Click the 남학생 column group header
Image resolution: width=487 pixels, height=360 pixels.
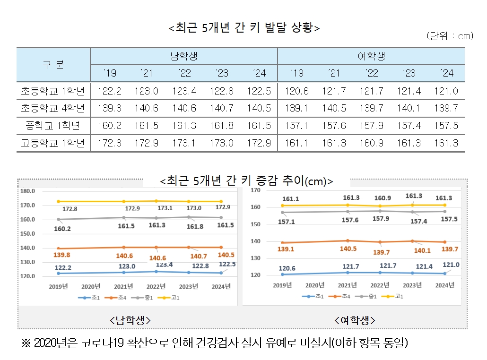point(183,56)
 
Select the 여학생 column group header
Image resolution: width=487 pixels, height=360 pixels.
point(371,56)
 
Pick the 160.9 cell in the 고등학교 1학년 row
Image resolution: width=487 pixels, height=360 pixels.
point(371,143)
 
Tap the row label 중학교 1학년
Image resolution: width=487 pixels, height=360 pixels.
point(53,126)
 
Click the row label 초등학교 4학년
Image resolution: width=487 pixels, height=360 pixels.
point(53,108)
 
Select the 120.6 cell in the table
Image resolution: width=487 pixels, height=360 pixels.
point(296,91)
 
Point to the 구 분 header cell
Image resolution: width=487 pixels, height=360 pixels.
point(53,65)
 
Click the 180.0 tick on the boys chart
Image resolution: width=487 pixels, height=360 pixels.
point(28,191)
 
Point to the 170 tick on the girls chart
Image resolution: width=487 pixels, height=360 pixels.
point(256,190)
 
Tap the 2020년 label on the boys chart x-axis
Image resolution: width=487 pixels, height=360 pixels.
point(91,286)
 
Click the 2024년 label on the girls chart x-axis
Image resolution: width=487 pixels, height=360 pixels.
point(444,285)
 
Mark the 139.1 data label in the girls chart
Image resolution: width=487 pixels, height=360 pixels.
point(285,249)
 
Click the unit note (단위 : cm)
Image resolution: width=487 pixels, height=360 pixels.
point(449,36)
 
